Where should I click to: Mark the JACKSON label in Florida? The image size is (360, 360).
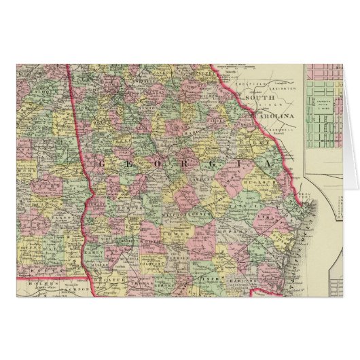click(x=78, y=288)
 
